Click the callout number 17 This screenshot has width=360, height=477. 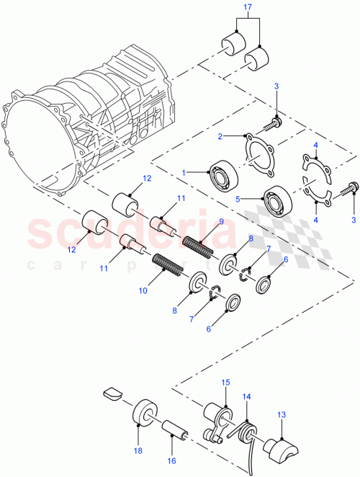click(x=247, y=9)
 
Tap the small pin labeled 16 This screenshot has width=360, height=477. click(x=176, y=431)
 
